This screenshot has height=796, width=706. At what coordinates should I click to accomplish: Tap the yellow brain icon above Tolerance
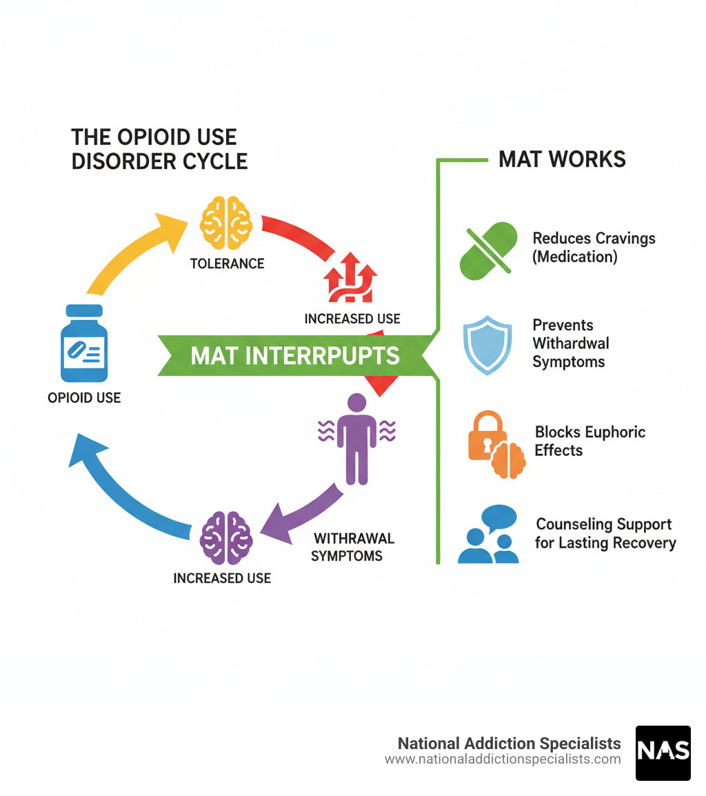[x=225, y=223]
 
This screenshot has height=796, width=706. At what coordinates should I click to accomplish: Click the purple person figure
[x=356, y=438]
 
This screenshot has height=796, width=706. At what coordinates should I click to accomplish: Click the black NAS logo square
[x=663, y=753]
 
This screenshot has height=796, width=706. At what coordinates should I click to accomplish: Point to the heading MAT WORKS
[x=562, y=159]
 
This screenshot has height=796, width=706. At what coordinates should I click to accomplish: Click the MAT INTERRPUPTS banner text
[x=294, y=356]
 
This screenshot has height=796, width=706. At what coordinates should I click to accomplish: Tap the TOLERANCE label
[x=227, y=263]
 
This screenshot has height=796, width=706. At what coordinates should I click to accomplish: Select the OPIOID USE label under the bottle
[x=84, y=397]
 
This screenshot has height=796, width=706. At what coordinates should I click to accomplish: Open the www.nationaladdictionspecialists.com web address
[x=503, y=759]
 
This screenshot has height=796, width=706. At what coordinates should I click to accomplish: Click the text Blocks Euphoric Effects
[x=589, y=441]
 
